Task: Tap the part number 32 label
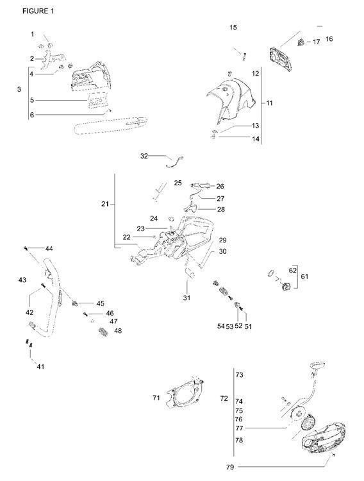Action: click(144, 155)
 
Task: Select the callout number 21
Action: click(104, 204)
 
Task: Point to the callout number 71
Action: click(156, 398)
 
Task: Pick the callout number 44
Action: click(49, 248)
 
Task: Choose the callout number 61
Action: click(304, 276)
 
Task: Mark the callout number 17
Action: click(316, 42)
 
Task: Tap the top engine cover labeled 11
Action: click(231, 99)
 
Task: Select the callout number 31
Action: click(186, 298)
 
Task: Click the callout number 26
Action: click(220, 186)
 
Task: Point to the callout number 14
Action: click(255, 139)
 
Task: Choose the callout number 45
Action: click(100, 303)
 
